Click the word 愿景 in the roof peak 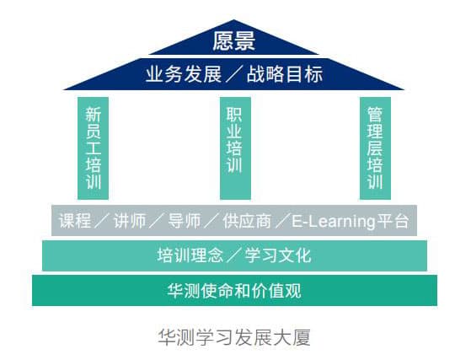tap(233, 40)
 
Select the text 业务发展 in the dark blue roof tap(184, 74)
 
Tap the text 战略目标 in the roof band tap(285, 74)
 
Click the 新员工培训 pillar tap(94, 148)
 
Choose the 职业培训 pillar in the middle tap(235, 148)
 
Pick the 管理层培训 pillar tap(375, 148)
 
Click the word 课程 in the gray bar tap(75, 221)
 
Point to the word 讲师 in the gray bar tap(130, 221)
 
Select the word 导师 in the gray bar tap(185, 221)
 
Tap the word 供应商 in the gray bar tap(247, 221)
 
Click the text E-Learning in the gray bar tap(334, 222)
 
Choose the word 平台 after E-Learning tap(393, 221)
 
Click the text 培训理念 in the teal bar tap(190, 255)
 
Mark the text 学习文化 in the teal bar tap(278, 255)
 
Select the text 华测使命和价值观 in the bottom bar tap(234, 290)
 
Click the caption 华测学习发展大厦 tap(234, 337)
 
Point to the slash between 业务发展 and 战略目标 tap(234, 74)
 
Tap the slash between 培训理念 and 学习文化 tap(234, 255)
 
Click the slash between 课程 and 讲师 tap(102, 221)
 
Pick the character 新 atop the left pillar tap(94, 115)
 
